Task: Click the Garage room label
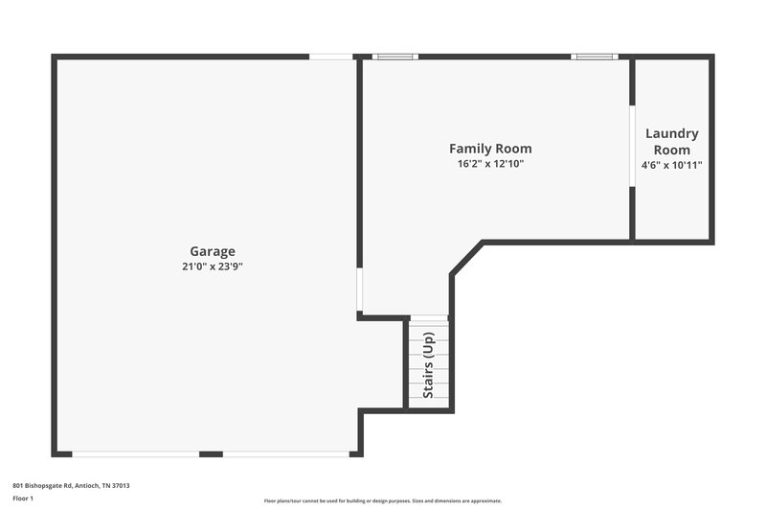(x=212, y=252)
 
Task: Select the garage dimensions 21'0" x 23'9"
(x=212, y=267)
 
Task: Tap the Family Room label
(x=490, y=149)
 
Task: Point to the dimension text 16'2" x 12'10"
(x=490, y=164)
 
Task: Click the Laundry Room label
(x=671, y=142)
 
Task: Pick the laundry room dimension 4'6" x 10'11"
(x=671, y=165)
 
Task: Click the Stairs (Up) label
(x=429, y=364)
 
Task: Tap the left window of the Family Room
(x=395, y=57)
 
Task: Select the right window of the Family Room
(x=593, y=57)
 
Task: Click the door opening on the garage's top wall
(x=330, y=57)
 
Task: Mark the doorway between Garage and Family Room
(x=359, y=290)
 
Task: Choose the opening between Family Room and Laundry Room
(x=632, y=146)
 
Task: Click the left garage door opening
(x=135, y=453)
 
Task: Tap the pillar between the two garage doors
(x=211, y=453)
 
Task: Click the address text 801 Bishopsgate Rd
(x=71, y=485)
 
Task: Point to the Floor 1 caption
(x=22, y=499)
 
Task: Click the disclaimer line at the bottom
(x=382, y=500)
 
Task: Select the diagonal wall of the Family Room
(x=465, y=259)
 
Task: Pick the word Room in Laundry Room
(x=671, y=150)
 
